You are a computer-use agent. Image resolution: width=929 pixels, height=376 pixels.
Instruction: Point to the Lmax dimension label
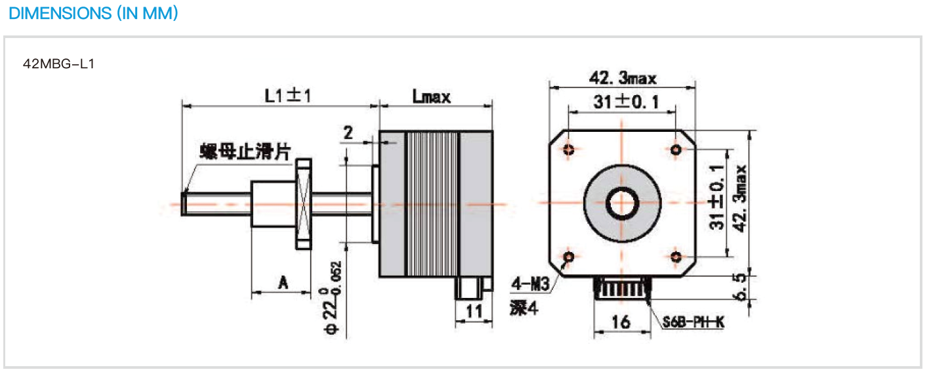click(x=431, y=96)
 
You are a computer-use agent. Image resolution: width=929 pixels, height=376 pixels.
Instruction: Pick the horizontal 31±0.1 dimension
click(x=624, y=102)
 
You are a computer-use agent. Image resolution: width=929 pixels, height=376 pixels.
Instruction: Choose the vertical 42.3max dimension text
click(x=741, y=198)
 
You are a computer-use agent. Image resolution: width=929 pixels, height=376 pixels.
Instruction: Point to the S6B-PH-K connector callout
click(x=693, y=323)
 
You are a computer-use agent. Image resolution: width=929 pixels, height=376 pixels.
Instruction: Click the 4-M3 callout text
click(x=529, y=284)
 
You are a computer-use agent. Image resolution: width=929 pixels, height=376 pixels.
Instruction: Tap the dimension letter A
click(x=283, y=282)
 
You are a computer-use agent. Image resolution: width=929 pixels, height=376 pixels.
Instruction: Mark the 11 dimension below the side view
click(x=474, y=310)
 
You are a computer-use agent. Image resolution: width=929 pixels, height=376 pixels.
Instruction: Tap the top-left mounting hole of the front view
click(x=569, y=149)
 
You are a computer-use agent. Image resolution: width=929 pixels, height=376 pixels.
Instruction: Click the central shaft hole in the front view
click(x=621, y=203)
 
